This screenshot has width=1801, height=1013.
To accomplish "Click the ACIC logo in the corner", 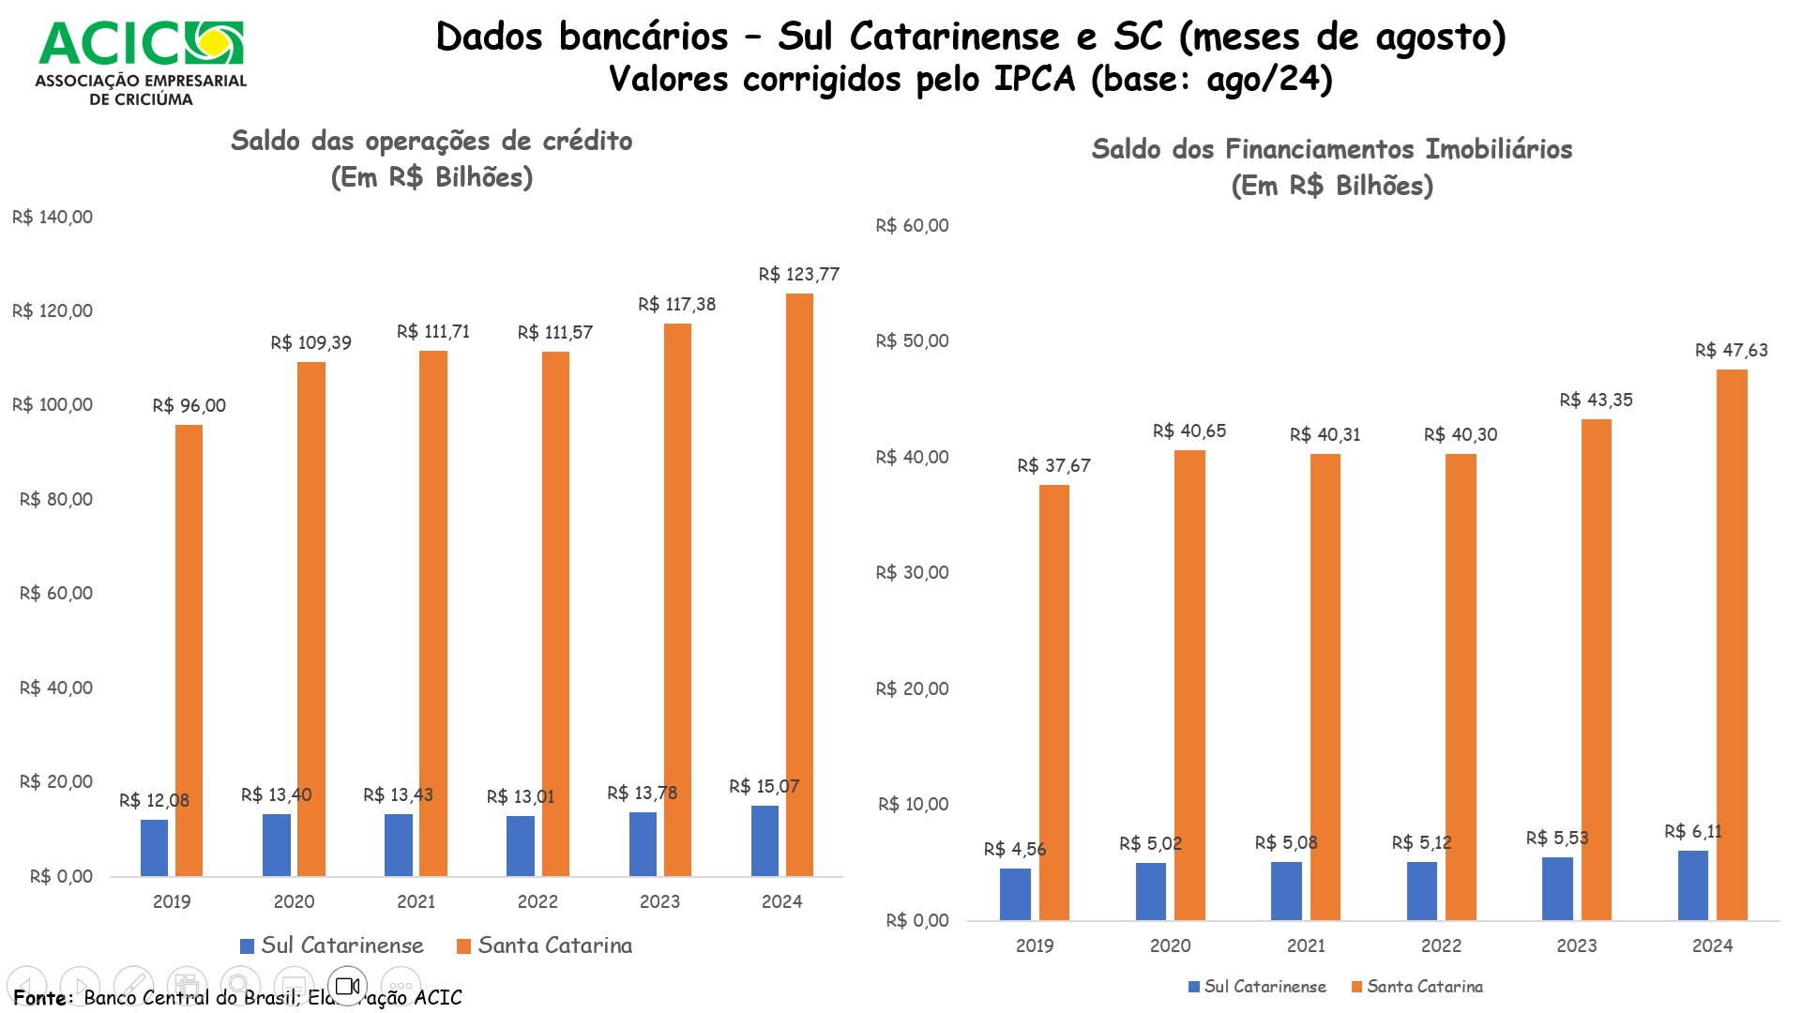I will (x=141, y=62).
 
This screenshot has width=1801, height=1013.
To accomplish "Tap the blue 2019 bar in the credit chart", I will (x=155, y=848).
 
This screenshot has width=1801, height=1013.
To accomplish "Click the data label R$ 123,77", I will (x=798, y=275).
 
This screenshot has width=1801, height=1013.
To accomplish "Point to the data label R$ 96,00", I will (x=189, y=406).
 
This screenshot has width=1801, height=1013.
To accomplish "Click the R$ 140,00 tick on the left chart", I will (x=53, y=218).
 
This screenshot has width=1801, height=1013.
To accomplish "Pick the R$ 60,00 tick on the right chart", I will (x=912, y=226).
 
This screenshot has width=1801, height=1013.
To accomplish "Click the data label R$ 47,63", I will (x=1731, y=351).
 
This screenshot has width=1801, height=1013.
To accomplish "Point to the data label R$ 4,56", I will (x=1014, y=850).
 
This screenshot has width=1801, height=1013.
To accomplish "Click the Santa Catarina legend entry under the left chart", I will (x=545, y=945).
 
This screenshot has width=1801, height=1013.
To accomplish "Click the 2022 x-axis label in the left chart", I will (x=537, y=902).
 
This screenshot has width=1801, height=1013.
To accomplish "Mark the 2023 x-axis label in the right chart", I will (x=1576, y=946).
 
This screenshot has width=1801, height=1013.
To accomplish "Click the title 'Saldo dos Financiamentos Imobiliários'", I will (x=1331, y=150).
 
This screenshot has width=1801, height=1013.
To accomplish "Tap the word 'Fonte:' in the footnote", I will (x=43, y=998).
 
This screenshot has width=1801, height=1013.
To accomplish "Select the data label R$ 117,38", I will (x=676, y=305).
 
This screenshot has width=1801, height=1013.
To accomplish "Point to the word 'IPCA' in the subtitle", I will (x=1034, y=80).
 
